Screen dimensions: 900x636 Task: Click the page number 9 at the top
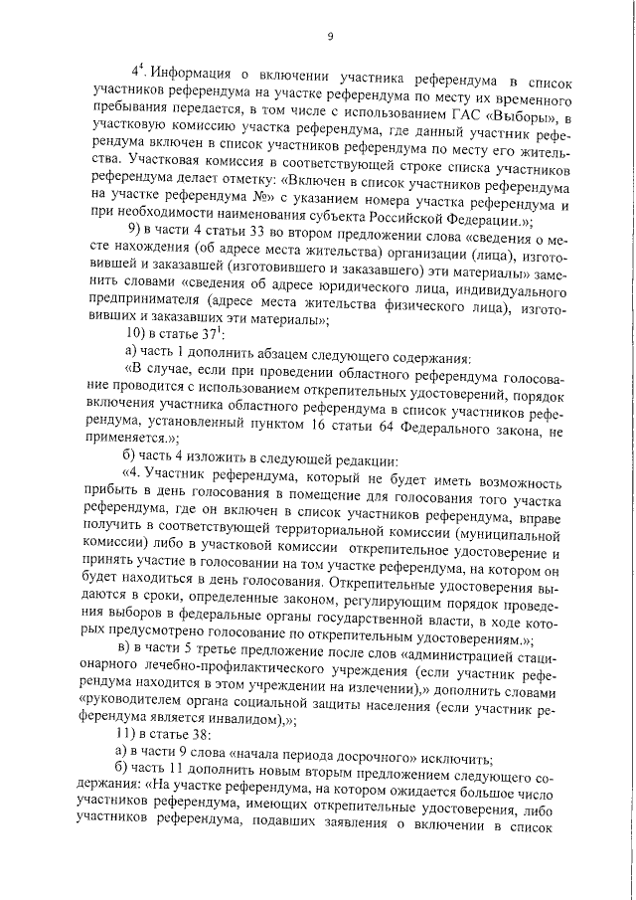(x=329, y=37)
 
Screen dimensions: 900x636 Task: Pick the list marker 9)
(x=126, y=239)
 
